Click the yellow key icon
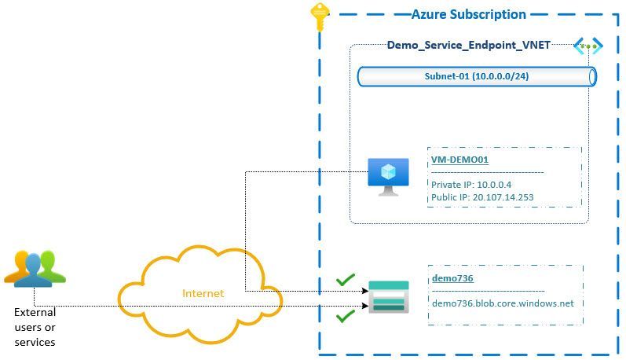coord(318,16)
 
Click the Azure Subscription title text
coord(468,14)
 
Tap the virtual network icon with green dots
coord(588,46)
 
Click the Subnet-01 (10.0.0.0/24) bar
coord(476,76)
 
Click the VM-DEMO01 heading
coord(459,160)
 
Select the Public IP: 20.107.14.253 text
coord(482,197)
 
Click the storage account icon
coord(389,296)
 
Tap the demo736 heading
coord(452,277)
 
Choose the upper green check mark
coord(345,279)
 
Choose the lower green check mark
coord(345,316)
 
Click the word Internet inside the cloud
coord(203,293)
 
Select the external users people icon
coord(35,268)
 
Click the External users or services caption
coord(35,327)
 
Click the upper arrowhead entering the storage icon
coord(364,290)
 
